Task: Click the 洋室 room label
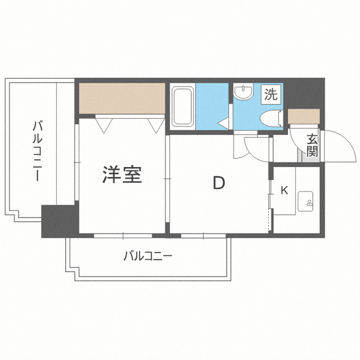pos(121,175)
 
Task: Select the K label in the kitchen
pos(284,190)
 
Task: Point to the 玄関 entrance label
pos(312,145)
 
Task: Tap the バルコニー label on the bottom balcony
pos(147,256)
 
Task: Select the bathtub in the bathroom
pos(182,107)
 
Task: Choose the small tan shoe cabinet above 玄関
pos(304,116)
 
